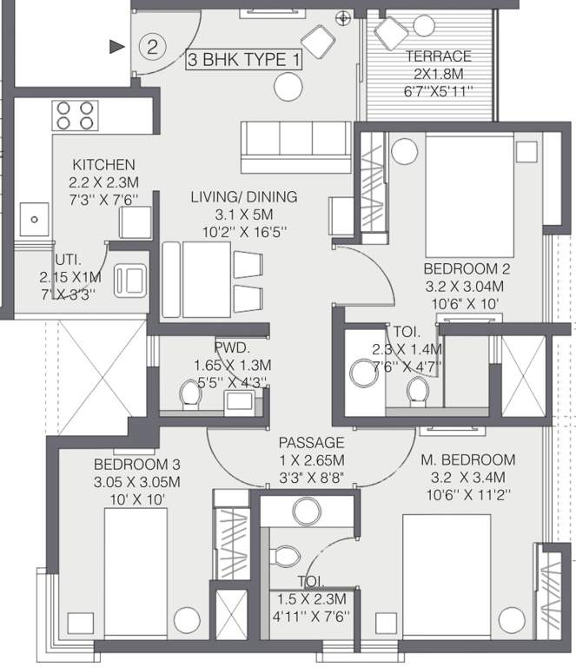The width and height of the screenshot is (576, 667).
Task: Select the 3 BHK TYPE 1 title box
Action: click(246, 60)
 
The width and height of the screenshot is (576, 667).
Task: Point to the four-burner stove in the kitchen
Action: click(74, 116)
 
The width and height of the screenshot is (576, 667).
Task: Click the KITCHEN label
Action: click(103, 165)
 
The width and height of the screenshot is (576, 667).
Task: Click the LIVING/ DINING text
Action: click(244, 197)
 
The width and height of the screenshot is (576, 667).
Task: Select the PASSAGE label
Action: click(311, 443)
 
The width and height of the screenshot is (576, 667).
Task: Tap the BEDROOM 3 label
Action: click(137, 464)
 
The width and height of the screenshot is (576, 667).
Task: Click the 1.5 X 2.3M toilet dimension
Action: click(311, 600)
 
